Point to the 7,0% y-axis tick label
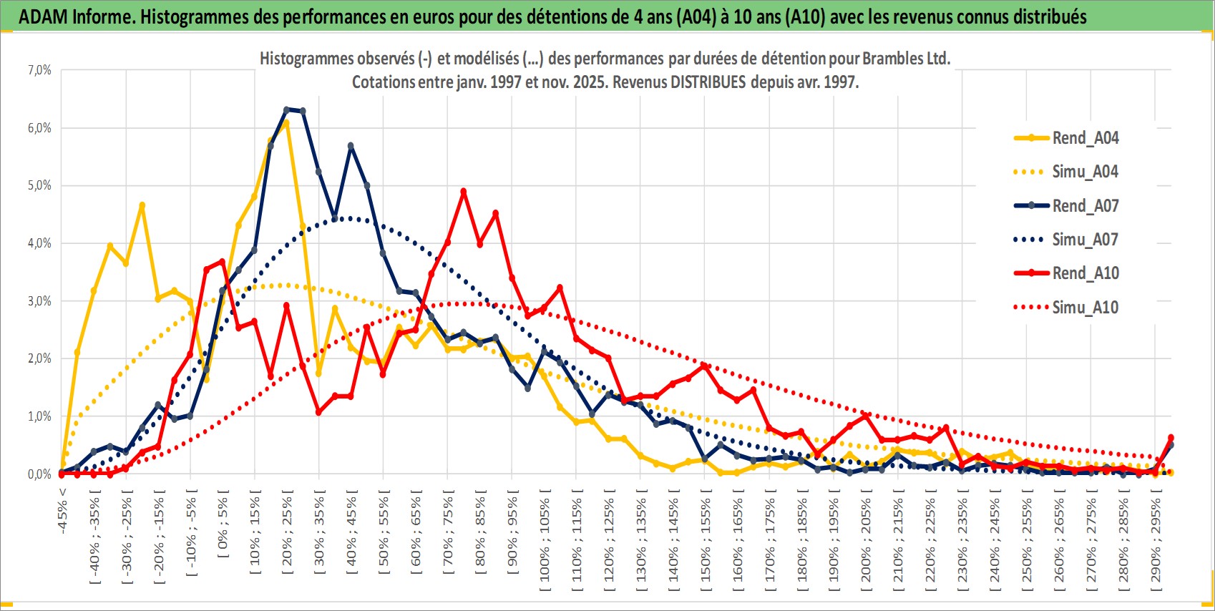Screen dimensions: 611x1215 (39, 70)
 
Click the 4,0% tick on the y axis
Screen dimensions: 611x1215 (39, 243)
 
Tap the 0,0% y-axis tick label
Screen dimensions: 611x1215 (39, 474)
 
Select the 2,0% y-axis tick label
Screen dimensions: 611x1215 (39, 358)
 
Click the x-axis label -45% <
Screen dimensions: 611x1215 (63, 512)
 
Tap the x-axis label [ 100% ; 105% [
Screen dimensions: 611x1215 (545, 539)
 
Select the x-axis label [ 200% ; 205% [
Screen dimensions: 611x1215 (866, 539)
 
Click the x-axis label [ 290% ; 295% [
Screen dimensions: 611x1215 (1155, 539)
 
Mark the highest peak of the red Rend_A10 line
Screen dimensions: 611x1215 (464, 192)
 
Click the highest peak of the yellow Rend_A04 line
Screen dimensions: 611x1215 (286, 123)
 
